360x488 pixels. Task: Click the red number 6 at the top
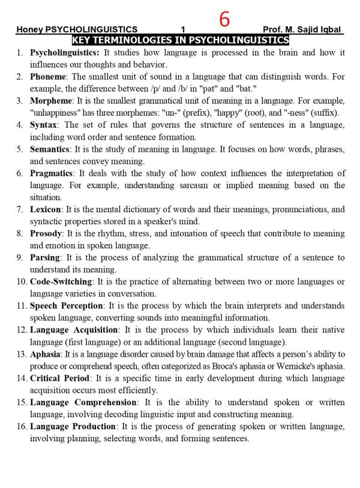coord(224,20)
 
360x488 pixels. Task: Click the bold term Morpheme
coord(50,101)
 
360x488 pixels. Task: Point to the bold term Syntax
coord(44,125)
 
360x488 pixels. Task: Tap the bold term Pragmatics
coord(53,173)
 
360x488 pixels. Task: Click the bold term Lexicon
coord(46,209)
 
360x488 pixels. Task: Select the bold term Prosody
coord(46,233)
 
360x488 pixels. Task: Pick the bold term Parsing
coord(45,257)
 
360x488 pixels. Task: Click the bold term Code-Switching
coord(61,281)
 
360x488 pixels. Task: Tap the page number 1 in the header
coord(183,29)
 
